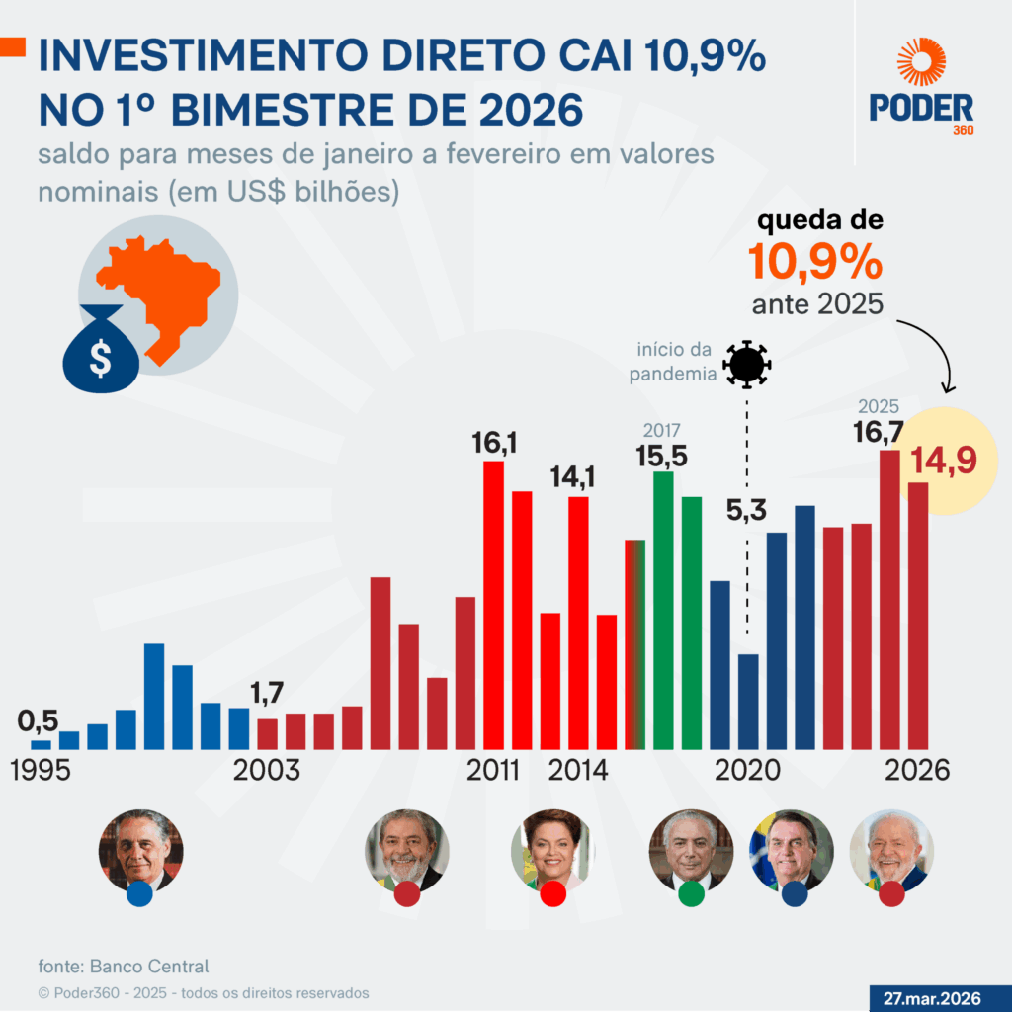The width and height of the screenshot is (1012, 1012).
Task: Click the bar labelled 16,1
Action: click(493, 603)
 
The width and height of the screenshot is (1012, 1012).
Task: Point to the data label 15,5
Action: click(663, 456)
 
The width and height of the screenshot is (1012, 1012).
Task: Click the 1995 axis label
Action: click(41, 770)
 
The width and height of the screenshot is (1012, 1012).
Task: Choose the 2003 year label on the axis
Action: click(266, 770)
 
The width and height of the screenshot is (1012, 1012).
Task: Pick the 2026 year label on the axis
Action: click(916, 770)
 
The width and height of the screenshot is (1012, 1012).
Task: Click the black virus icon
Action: click(746, 364)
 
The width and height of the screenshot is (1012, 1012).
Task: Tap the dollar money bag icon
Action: click(100, 349)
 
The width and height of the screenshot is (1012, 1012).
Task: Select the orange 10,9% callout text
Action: click(814, 263)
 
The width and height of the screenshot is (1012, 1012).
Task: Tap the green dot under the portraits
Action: click(692, 894)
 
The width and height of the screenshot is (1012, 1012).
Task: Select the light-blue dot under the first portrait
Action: click(139, 894)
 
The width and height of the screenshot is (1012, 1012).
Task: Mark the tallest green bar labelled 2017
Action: click(663, 609)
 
